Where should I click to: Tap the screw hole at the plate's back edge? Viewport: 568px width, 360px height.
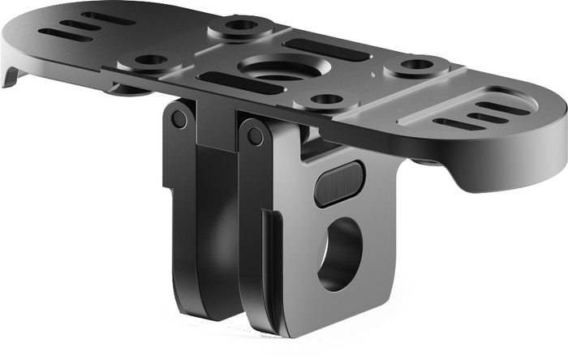(239, 26)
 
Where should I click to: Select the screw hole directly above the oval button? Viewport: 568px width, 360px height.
(327, 100)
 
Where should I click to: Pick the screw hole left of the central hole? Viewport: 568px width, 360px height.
(150, 60)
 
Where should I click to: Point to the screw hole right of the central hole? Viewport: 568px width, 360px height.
(417, 64)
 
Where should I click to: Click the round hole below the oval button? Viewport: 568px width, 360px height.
(339, 254)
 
